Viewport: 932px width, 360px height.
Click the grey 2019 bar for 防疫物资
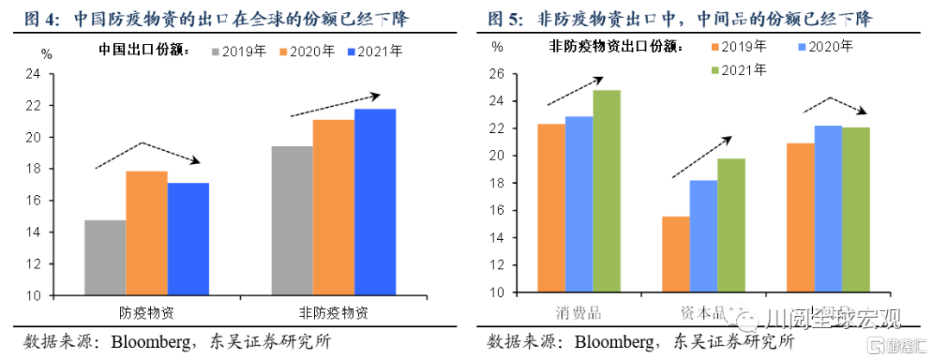pos(104,257)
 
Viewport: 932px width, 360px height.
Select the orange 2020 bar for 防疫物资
pos(146,233)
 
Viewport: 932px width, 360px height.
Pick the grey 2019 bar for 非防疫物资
pos(292,220)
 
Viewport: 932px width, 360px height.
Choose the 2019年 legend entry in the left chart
pos(237,52)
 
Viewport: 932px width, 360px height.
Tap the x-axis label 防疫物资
pos(147,312)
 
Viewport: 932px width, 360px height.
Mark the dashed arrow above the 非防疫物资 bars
pos(336,104)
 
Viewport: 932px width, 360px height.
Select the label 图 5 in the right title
pos(505,17)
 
